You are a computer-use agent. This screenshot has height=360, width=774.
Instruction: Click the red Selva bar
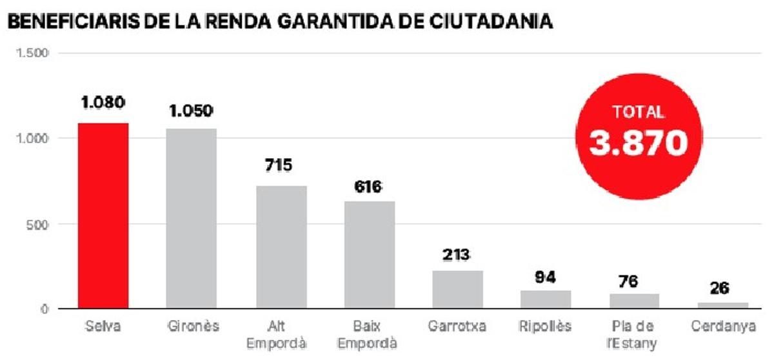point(103,215)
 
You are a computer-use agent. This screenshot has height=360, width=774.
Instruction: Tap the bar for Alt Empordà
point(281,247)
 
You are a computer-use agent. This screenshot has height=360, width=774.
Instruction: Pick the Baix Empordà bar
point(369,255)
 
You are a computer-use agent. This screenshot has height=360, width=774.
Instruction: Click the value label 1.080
point(103,103)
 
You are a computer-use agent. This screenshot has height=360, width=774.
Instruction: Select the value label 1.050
point(191,110)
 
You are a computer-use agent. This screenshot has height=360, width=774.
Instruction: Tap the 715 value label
point(278,165)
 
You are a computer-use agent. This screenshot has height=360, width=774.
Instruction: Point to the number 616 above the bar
point(368,186)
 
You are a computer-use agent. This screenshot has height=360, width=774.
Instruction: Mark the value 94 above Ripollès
point(546,277)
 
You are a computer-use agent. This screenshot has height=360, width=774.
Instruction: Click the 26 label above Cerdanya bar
point(720,288)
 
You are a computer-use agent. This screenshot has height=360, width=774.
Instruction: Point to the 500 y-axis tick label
point(39,225)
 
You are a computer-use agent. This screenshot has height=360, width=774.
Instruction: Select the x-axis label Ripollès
point(546,326)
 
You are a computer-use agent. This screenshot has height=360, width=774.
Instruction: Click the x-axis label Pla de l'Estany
point(633,335)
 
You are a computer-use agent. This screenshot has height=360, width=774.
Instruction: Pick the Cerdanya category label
point(722,326)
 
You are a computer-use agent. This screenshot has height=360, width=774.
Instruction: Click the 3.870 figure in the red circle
point(638,144)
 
